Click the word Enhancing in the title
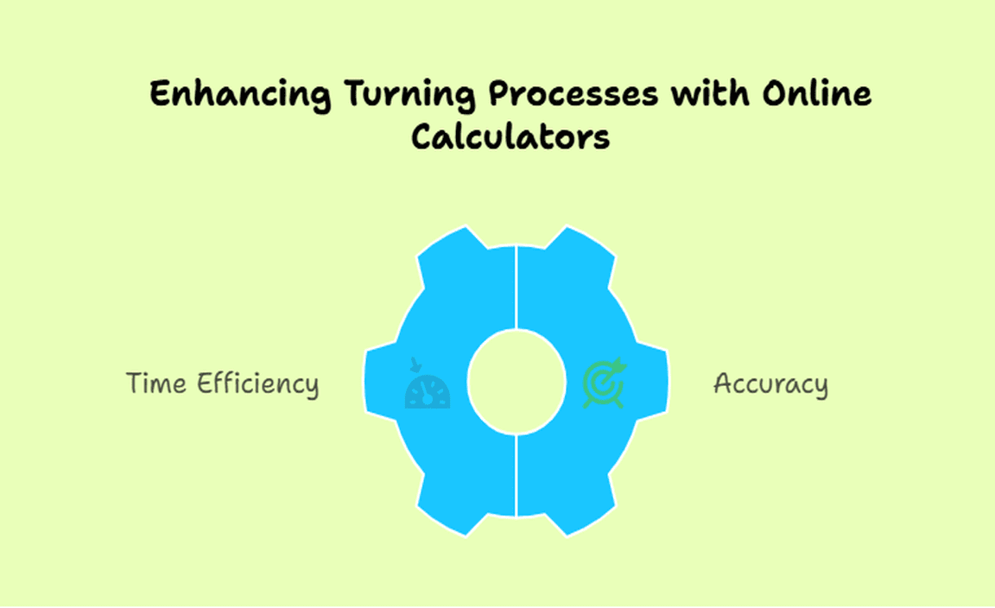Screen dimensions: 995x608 point(240,94)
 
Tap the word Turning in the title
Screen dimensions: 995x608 point(410,94)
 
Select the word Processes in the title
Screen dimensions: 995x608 point(573,94)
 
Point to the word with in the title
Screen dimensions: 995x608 point(710,93)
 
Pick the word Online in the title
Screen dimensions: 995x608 point(817,93)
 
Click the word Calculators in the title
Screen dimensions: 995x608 point(510,136)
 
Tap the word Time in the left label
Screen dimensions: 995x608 point(156,383)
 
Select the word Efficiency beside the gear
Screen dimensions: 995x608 point(257,384)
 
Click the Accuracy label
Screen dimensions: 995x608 point(770,384)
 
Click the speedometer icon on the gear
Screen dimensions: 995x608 point(428,391)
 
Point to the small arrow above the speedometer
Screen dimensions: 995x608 point(415,364)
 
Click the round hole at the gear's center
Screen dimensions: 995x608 point(517,382)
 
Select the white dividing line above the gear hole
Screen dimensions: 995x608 point(517,288)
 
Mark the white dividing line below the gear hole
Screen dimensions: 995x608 point(517,475)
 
